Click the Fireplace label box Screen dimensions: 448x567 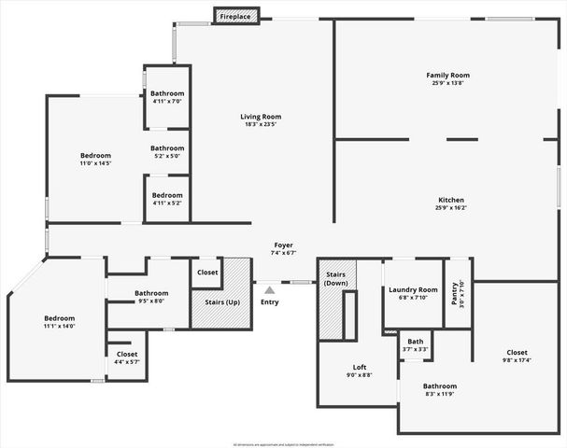235,16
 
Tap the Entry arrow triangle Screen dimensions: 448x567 269,291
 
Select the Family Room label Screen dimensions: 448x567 447,75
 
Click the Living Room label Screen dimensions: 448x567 259,116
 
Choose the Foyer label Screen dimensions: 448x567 282,245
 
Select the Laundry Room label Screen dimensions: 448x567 413,290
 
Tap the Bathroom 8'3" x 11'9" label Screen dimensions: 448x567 439,386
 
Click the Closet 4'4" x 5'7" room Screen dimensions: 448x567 126,357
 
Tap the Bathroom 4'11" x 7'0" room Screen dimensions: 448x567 167,97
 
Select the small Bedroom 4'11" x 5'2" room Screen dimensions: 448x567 167,199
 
